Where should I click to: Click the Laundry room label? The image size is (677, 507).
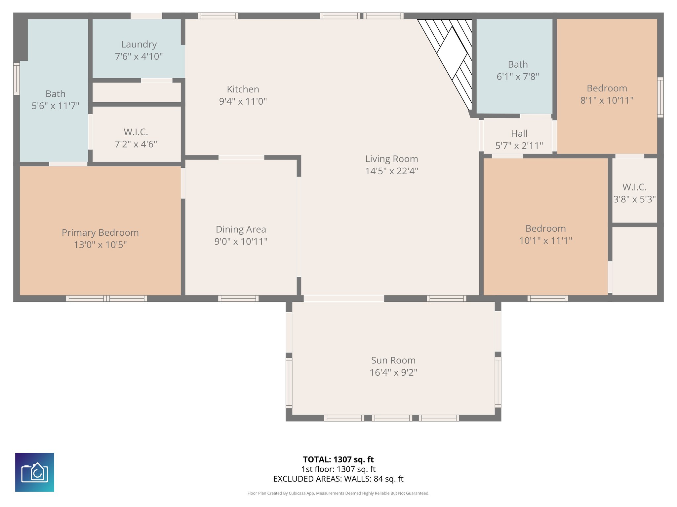(139, 44)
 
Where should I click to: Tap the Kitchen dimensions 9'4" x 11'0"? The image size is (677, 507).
(243, 101)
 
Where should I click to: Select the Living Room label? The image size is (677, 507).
(391, 159)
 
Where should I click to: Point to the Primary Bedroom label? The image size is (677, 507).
(100, 232)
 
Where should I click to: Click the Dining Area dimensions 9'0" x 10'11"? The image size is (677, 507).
(241, 242)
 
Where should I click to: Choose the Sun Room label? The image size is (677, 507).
(393, 360)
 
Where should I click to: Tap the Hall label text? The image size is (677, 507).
(519, 133)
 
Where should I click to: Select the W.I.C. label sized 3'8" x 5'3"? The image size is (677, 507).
(634, 187)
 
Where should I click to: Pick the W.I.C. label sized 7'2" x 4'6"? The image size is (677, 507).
(136, 132)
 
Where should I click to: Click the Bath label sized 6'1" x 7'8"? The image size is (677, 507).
(518, 64)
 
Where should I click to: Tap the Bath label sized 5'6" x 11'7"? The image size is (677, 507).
(56, 94)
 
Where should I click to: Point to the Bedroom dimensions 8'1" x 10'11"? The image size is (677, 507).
(607, 100)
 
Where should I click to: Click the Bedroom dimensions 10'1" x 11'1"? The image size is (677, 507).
(545, 241)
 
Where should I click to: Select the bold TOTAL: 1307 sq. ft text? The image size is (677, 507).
(338, 459)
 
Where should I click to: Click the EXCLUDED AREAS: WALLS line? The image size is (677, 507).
(338, 479)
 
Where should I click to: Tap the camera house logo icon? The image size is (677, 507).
(35, 472)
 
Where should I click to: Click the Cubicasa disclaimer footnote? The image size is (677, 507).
(338, 493)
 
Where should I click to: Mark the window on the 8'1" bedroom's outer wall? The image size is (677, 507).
(660, 97)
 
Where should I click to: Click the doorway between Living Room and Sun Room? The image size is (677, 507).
(344, 298)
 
